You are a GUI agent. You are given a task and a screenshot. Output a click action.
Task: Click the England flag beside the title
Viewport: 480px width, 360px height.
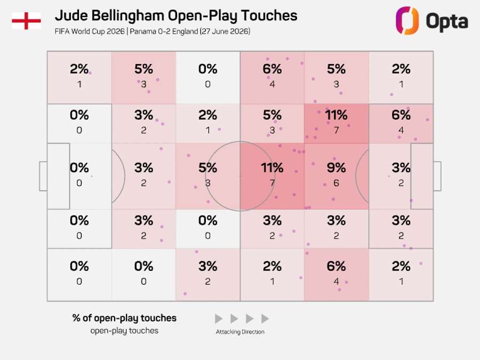click(26, 21)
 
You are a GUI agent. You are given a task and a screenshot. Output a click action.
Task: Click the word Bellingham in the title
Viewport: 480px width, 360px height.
click(128, 16)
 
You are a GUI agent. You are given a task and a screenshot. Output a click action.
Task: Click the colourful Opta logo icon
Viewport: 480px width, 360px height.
click(407, 21)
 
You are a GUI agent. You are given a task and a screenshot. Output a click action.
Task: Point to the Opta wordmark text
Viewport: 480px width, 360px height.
click(447, 21)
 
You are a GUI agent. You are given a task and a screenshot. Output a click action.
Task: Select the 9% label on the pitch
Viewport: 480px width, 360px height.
click(336, 168)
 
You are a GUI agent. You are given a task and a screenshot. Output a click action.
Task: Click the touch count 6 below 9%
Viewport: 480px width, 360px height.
click(336, 183)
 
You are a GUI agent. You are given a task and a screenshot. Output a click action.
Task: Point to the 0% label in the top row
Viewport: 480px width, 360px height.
click(207, 69)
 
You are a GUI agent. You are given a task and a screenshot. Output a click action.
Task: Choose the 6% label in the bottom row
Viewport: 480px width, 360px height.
click(336, 266)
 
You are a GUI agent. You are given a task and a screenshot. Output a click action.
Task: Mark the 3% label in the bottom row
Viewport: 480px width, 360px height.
click(207, 266)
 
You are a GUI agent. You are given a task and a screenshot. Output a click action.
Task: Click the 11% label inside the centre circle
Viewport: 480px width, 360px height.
click(272, 168)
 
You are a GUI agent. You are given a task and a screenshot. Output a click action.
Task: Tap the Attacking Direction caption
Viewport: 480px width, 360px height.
click(240, 332)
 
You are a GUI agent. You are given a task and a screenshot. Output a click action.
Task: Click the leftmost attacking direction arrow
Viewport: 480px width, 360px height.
click(219, 319)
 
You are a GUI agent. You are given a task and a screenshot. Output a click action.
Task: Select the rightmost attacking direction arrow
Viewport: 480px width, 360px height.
click(265, 319)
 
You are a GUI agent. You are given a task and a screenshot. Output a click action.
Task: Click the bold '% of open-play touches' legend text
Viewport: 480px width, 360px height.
click(124, 318)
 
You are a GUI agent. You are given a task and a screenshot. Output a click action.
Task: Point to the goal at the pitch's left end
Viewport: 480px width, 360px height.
click(43, 177)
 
